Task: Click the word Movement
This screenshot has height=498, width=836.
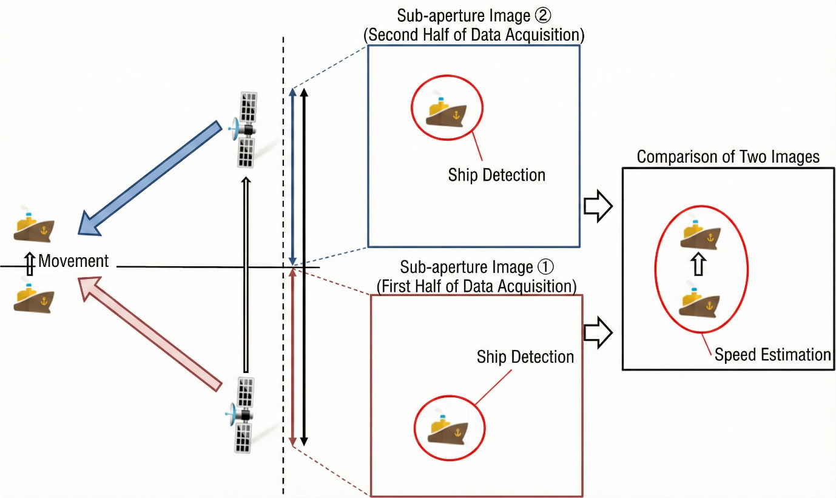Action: tap(73, 261)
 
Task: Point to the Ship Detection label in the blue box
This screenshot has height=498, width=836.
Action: tap(496, 175)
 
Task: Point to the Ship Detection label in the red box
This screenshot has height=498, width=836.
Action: tap(525, 357)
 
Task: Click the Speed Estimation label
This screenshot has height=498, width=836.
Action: tap(772, 354)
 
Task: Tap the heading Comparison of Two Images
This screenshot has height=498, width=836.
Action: tap(728, 157)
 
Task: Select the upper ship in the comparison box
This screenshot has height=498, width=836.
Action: tap(699, 234)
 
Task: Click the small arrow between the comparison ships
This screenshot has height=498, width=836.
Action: tap(698, 265)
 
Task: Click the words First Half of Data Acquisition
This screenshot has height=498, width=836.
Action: tap(476, 286)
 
